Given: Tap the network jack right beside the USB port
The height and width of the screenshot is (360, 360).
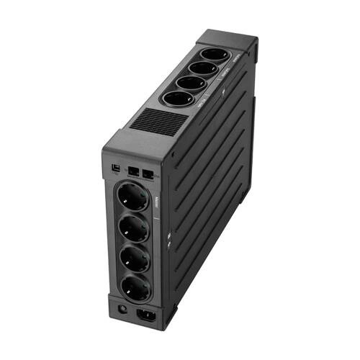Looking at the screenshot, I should pos(135,173).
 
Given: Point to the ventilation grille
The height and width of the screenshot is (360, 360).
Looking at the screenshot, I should pos(156,123).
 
